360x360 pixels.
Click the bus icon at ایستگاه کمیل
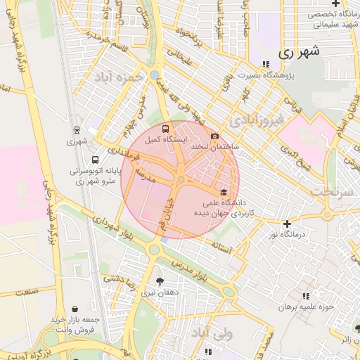pyautogui.click(x=165, y=129)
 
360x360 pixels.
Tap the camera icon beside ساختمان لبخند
pyautogui.click(x=214, y=136)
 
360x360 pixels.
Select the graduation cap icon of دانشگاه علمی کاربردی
pyautogui.click(x=224, y=192)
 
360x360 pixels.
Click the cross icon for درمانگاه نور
pyautogui.click(x=287, y=224)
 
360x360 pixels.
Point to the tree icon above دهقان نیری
pyautogui.click(x=168, y=281)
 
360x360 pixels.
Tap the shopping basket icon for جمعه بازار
pyautogui.click(x=75, y=308)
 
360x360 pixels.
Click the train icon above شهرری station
pyautogui.click(x=76, y=129)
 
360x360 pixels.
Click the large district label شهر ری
pyautogui.click(x=298, y=51)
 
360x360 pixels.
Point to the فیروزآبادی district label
pyautogui.click(x=260, y=119)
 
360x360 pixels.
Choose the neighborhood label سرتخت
pyautogui.click(x=331, y=191)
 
